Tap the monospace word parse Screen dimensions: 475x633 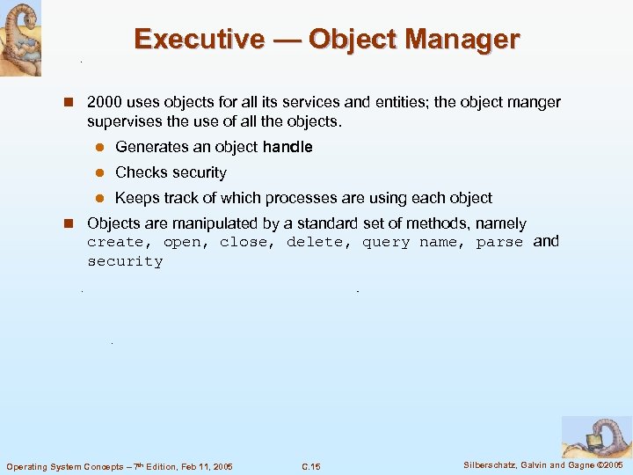(499, 243)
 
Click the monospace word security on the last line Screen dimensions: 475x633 (125, 262)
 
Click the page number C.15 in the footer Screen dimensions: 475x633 (310, 466)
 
